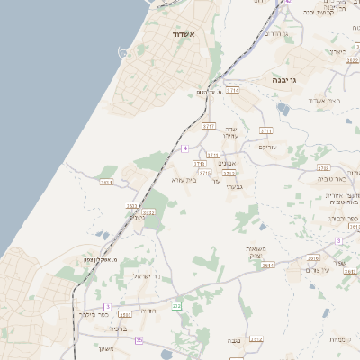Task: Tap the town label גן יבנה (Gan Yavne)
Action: pyautogui.click(x=286, y=80)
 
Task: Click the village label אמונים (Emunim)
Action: pyautogui.click(x=227, y=164)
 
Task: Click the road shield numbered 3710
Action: pyautogui.click(x=233, y=90)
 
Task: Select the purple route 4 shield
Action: pyautogui.click(x=184, y=147)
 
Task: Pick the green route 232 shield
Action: pyautogui.click(x=176, y=306)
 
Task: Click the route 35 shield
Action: pyautogui.click(x=107, y=307)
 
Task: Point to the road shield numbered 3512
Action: pyautogui.click(x=256, y=339)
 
